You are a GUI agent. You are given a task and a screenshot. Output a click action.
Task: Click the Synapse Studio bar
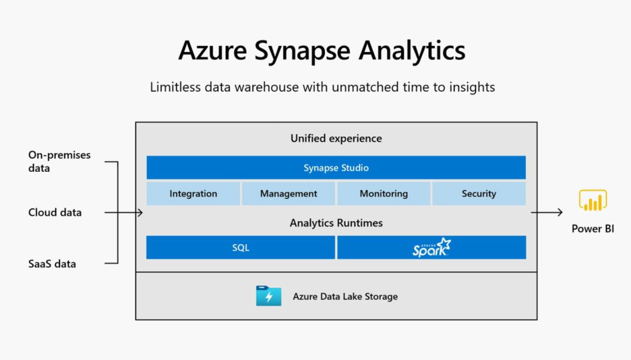(x=336, y=168)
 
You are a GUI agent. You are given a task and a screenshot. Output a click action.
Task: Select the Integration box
(x=193, y=193)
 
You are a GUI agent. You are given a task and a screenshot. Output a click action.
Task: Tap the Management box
(x=289, y=193)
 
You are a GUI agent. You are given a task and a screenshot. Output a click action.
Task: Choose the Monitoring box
(x=384, y=193)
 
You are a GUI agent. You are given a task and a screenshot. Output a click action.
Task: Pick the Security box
(x=479, y=193)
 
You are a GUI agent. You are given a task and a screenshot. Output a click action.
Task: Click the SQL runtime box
(x=241, y=247)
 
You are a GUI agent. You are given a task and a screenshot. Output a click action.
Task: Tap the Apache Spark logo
(x=432, y=248)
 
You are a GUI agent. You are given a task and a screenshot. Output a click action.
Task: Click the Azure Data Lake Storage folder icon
(x=269, y=296)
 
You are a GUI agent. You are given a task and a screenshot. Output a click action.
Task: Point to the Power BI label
(x=592, y=229)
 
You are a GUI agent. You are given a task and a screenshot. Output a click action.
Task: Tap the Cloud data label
(x=55, y=212)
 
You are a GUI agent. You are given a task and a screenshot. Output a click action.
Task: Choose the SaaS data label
(x=52, y=264)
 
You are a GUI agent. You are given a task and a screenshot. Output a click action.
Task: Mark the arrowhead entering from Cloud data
(x=140, y=212)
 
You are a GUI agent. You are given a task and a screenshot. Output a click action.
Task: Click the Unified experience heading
(x=336, y=139)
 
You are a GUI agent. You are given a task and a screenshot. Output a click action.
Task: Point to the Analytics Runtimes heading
(x=336, y=223)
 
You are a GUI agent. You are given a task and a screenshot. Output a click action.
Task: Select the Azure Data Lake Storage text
(x=345, y=296)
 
